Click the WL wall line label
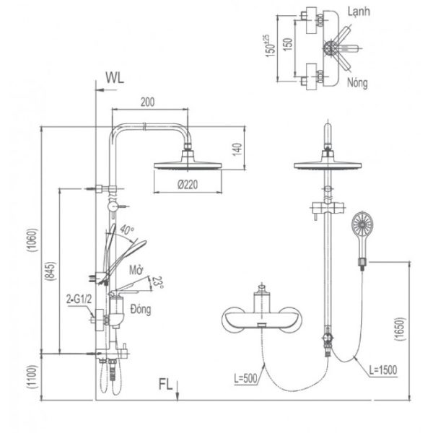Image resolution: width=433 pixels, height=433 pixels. click(x=115, y=78)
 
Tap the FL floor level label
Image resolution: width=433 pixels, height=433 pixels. click(x=165, y=384)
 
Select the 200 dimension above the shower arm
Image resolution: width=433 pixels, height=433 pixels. click(x=147, y=102)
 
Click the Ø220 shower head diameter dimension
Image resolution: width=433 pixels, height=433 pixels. click(x=188, y=185)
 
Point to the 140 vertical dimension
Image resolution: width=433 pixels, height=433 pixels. click(x=237, y=149)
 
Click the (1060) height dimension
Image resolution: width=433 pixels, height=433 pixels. click(x=32, y=240)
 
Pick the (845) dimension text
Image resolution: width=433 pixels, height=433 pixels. click(x=51, y=271)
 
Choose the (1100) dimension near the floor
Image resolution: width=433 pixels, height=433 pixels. click(x=32, y=377)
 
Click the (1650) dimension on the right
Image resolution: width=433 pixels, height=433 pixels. click(x=400, y=329)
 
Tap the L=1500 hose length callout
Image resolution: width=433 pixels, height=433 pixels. click(x=383, y=369)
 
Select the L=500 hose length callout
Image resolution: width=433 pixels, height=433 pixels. click(x=245, y=378)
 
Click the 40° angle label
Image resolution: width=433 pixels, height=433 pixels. click(x=127, y=229)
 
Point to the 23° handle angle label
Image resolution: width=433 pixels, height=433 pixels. click(x=158, y=282)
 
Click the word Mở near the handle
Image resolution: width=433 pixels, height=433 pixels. click(x=136, y=271)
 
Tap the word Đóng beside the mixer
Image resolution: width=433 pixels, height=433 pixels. click(x=141, y=309)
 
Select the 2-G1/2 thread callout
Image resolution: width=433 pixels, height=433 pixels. click(x=79, y=299)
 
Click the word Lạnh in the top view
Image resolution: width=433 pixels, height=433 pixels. click(x=359, y=12)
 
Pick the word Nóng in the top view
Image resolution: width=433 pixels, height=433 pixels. click(x=357, y=82)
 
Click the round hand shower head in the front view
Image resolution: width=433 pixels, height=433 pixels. click(x=362, y=222)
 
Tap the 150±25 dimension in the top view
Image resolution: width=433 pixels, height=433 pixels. click(x=271, y=46)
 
